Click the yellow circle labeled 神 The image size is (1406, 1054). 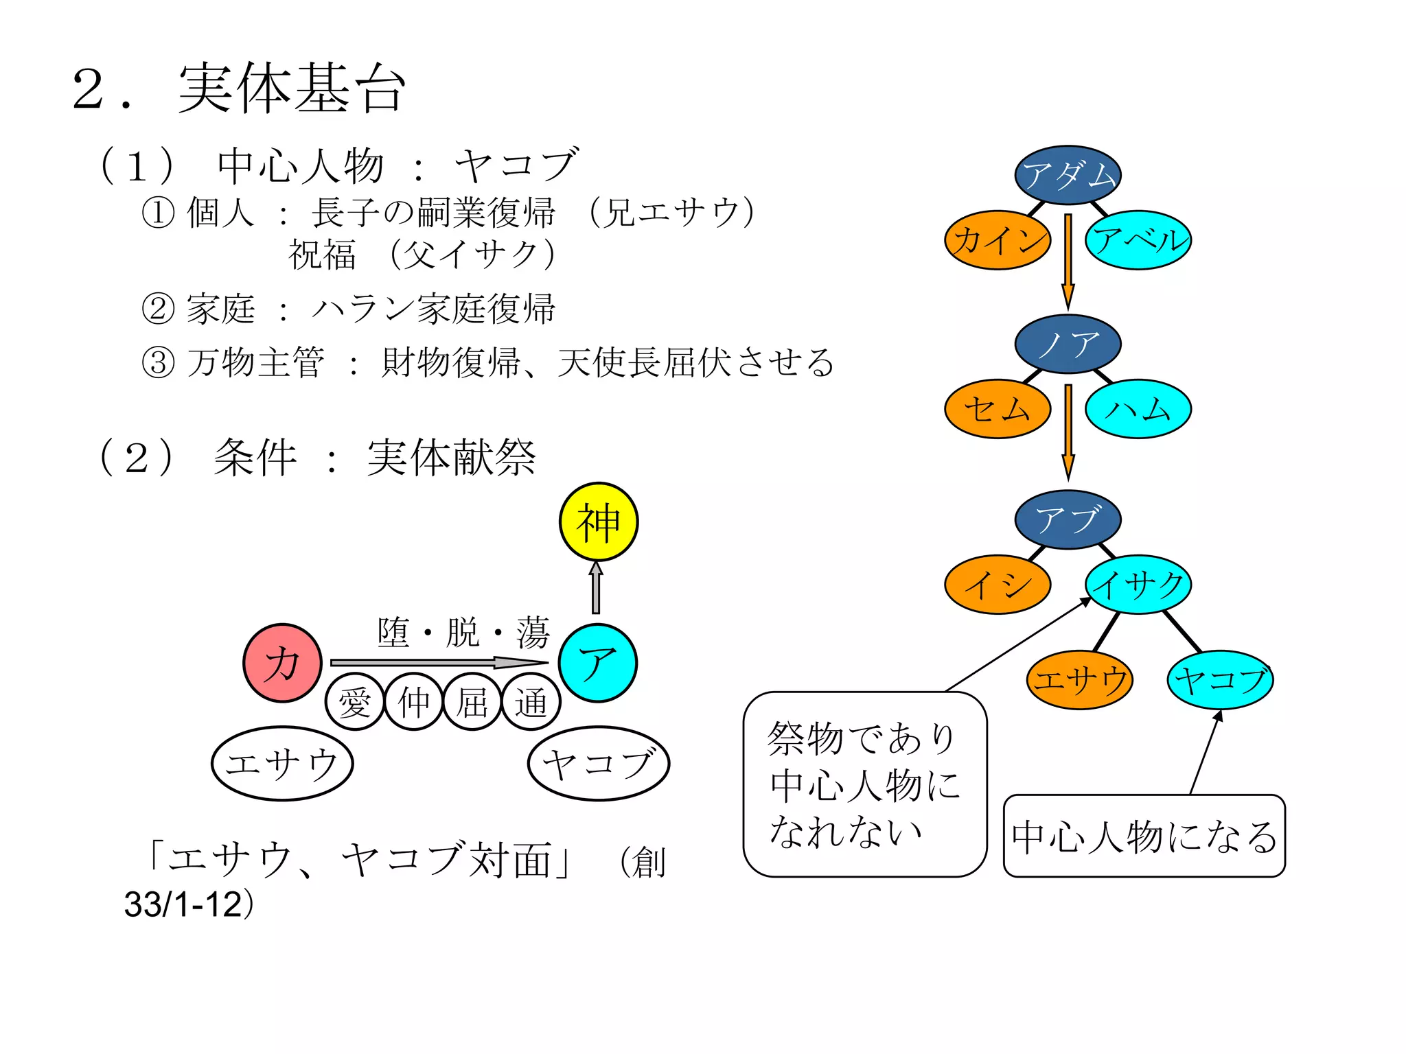click(x=598, y=522)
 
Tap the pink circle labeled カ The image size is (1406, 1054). click(x=282, y=663)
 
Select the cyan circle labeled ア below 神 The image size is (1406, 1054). click(x=598, y=663)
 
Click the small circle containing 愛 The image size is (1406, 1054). click(x=354, y=702)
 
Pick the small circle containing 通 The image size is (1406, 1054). click(x=531, y=702)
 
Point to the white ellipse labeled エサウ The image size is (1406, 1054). click(x=282, y=763)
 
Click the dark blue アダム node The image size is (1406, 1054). click(x=1068, y=175)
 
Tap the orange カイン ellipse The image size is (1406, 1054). click(x=998, y=240)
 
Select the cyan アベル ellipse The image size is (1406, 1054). click(x=1138, y=240)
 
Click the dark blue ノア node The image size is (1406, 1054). click(x=1068, y=344)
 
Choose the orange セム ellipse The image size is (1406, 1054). click(x=998, y=409)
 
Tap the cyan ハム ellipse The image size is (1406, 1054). click(x=1138, y=409)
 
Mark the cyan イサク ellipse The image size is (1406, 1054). click(x=1138, y=585)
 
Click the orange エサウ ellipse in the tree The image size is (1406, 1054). click(x=1079, y=679)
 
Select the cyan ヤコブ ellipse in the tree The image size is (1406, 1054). click(x=1220, y=679)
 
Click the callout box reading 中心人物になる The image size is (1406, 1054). click(x=1144, y=836)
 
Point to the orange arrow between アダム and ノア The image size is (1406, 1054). click(x=1068, y=261)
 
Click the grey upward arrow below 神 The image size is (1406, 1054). click(x=596, y=589)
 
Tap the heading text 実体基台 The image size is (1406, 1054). click(x=292, y=89)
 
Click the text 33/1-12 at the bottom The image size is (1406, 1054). click(x=184, y=904)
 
